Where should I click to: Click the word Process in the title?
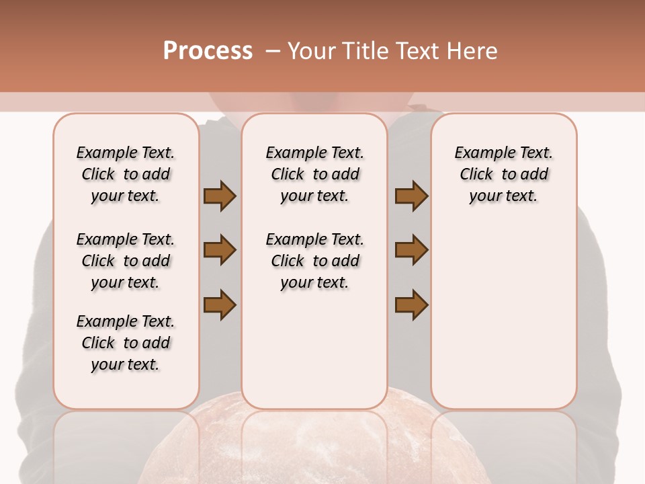[x=208, y=50]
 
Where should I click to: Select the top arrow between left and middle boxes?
[x=220, y=196]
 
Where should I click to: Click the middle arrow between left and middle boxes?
[x=220, y=250]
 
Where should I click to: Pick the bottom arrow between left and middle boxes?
[x=220, y=304]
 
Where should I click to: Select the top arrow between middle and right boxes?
[x=411, y=196]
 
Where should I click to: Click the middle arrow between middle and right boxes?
[x=411, y=250]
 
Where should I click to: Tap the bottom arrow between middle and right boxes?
[x=411, y=304]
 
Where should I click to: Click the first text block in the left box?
[x=126, y=174]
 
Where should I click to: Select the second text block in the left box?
[x=126, y=261]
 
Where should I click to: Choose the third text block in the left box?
[x=126, y=343]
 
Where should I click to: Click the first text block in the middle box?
[x=314, y=174]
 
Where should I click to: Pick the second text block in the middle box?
[x=314, y=261]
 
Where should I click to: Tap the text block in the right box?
[x=503, y=174]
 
